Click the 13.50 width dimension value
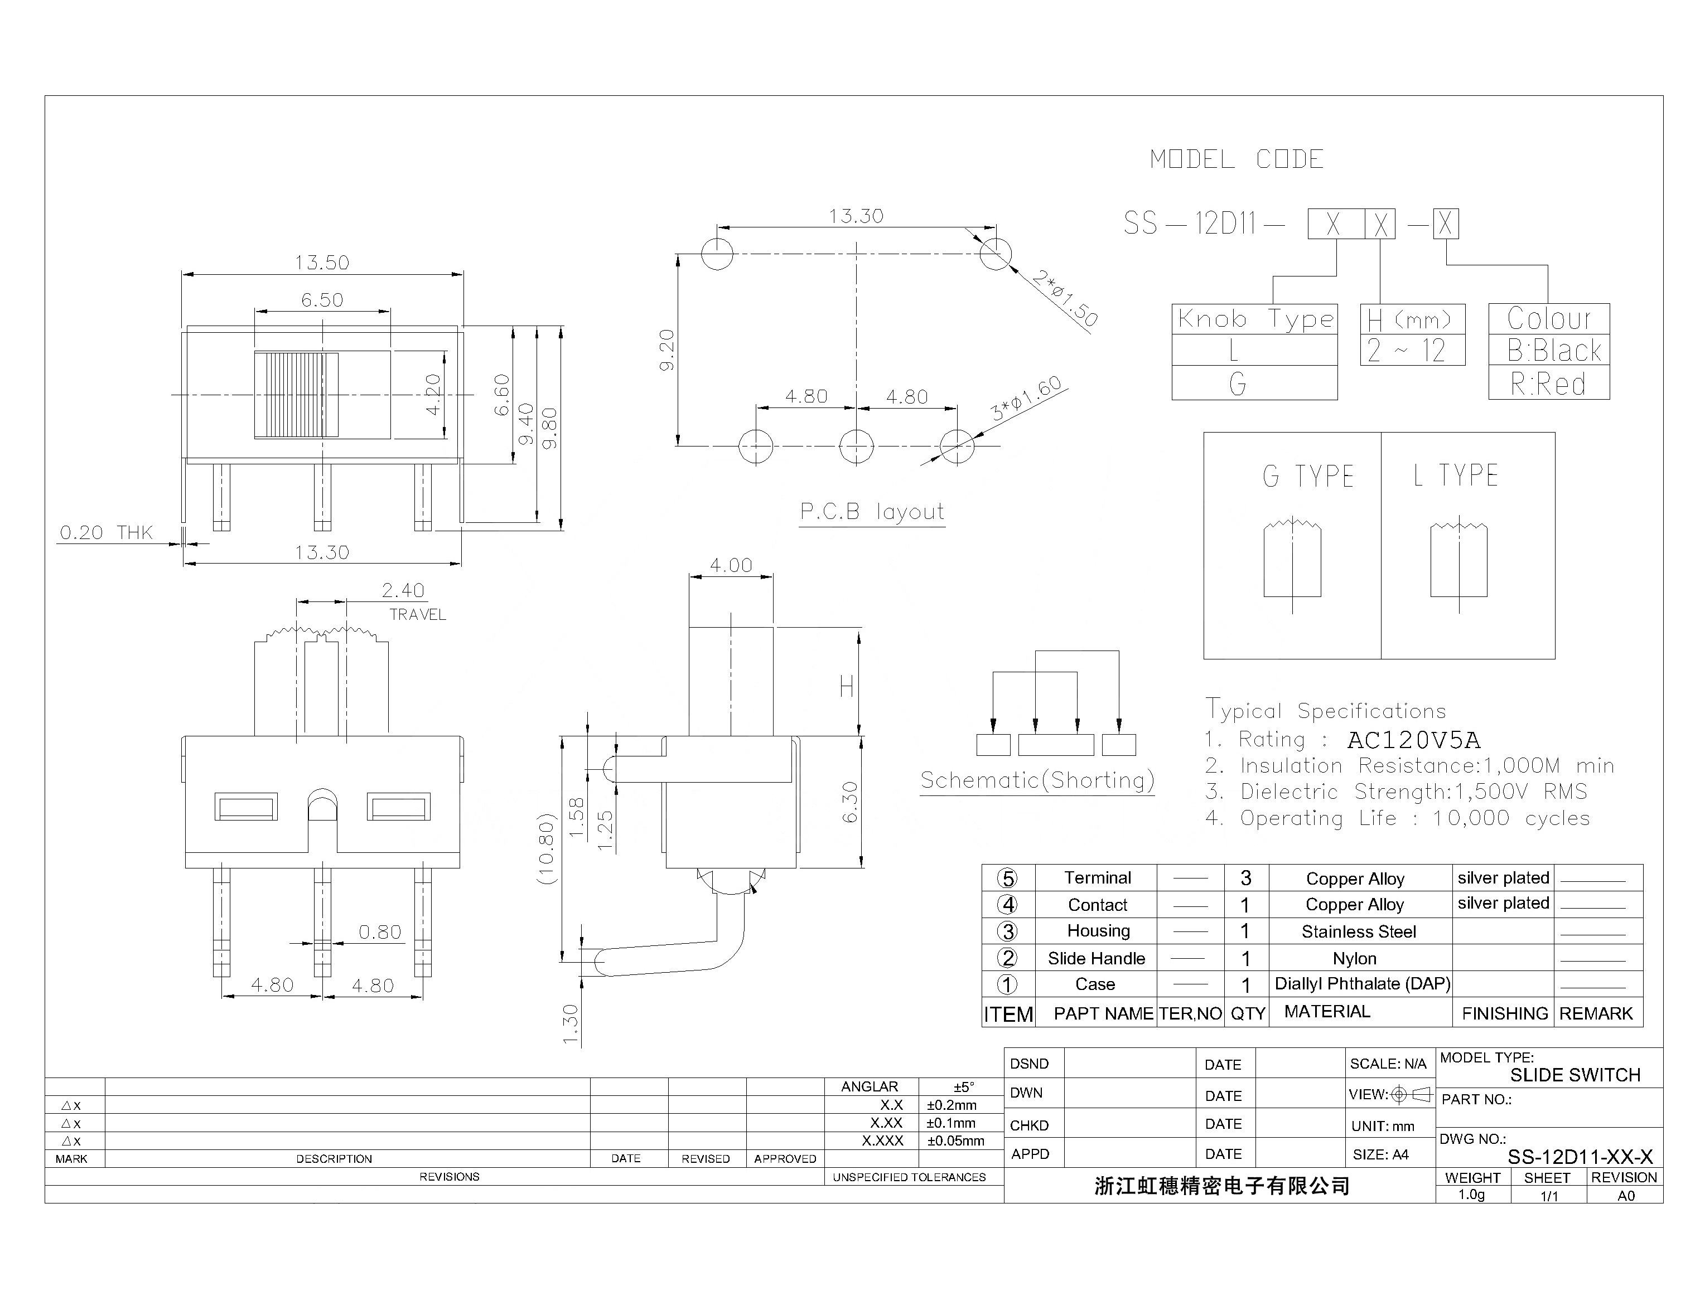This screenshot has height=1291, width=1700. point(322,263)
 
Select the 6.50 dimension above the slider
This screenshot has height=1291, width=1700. point(322,300)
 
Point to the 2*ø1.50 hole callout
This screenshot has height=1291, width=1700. point(1064,298)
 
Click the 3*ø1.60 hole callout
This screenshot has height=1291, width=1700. point(1026,398)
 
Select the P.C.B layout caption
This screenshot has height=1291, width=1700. point(872,512)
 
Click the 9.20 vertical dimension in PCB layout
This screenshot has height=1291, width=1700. point(667,351)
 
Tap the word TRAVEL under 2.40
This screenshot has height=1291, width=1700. point(418,615)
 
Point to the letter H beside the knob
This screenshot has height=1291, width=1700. point(847,686)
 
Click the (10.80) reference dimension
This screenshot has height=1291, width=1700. point(546,848)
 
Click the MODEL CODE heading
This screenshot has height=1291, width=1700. point(1237,160)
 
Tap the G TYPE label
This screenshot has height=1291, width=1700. point(1308,477)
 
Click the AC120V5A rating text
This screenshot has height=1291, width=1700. point(1413,740)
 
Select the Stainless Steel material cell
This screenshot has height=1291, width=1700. point(1358,931)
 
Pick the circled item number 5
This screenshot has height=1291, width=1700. point(1007,879)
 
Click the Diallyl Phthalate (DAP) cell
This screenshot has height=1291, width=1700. point(1361,984)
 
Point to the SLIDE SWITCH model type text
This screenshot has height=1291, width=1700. point(1575,1075)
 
